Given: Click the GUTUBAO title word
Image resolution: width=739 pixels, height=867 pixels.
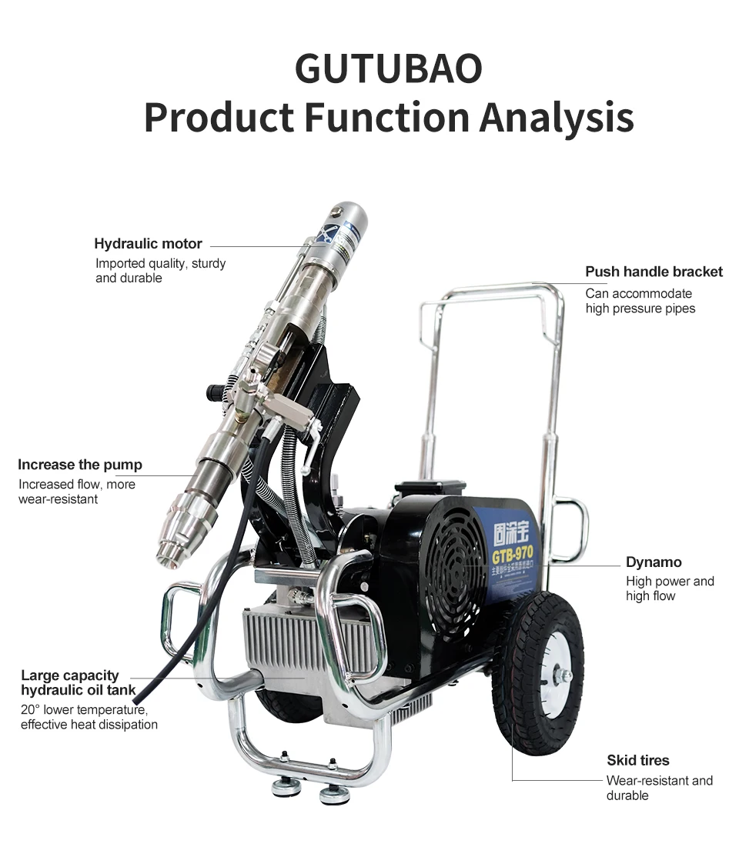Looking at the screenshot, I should [388, 68].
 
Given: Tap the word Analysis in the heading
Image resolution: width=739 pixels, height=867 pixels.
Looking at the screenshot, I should [557, 118].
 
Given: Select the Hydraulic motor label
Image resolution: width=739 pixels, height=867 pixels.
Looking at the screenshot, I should [148, 244].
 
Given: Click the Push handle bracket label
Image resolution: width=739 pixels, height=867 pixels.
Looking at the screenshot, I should [654, 272].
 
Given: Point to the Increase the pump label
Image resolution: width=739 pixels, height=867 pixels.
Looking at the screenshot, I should [80, 465].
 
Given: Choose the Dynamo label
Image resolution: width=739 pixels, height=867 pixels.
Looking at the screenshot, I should [654, 562].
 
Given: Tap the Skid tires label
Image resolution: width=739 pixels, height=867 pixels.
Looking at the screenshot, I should [637, 760].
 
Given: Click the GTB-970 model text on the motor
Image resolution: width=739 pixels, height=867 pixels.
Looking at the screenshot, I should [513, 554].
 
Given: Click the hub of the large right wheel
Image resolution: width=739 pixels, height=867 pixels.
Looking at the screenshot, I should [562, 675].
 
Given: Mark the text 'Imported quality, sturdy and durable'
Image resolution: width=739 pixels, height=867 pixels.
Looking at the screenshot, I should [160, 271].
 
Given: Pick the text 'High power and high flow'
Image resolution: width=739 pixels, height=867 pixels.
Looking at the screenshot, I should [670, 589].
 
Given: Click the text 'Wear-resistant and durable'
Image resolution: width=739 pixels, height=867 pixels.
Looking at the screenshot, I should [659, 788].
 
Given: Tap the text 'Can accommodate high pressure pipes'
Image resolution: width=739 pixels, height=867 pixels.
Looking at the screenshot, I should [640, 301].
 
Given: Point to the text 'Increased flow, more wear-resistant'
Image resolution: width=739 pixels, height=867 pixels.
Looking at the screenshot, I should [76, 492].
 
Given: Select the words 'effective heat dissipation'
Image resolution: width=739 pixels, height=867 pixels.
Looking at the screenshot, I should [89, 724].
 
